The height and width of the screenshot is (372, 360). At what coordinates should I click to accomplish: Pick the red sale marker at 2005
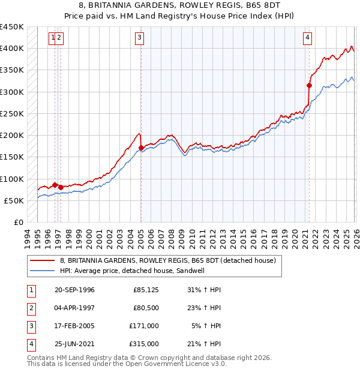tap(141, 148)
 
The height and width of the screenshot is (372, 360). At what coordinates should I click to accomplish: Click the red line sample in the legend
tap(43, 260)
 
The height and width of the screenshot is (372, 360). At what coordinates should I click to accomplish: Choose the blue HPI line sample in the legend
tap(43, 271)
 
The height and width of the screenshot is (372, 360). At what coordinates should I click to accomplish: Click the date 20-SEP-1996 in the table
tap(74, 290)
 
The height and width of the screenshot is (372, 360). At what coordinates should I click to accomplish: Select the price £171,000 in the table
tap(145, 326)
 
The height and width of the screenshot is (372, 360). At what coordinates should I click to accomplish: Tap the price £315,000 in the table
tap(145, 344)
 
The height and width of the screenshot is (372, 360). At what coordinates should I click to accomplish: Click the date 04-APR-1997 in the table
tap(74, 308)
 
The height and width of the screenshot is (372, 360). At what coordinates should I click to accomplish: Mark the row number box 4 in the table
tap(31, 344)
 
